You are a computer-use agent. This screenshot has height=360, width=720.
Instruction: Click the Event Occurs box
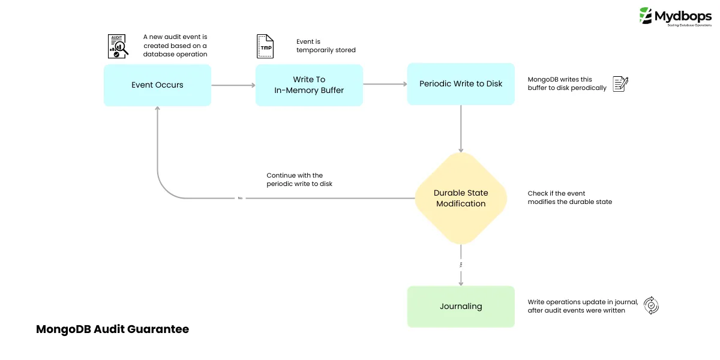point(157,85)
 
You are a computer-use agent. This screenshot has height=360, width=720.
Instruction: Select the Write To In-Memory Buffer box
point(309,85)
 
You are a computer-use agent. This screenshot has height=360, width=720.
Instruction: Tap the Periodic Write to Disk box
point(461,84)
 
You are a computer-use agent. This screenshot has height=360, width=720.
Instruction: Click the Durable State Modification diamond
point(461,198)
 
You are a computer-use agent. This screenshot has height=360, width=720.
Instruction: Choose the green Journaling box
point(461,306)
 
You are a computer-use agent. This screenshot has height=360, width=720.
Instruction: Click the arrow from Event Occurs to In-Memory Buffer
point(233,85)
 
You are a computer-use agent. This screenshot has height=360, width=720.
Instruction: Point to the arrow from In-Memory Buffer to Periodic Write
point(385,85)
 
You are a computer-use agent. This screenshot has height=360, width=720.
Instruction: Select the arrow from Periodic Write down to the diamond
point(461,129)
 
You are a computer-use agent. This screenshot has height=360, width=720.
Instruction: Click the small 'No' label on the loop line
point(240,198)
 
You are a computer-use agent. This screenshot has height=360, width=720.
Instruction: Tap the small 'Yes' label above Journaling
point(461,265)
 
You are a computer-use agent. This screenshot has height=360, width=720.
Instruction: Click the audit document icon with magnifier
point(118,46)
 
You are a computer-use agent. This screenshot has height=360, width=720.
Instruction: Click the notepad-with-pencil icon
point(620,84)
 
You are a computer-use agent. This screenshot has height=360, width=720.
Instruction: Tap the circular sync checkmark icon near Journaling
point(651,305)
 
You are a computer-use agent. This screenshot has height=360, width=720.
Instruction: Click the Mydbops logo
point(674,16)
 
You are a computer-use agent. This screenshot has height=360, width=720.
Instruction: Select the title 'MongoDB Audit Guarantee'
point(113,329)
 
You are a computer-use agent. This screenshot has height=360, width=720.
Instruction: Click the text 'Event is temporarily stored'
point(326,46)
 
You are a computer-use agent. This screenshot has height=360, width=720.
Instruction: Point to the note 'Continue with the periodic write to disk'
point(299,179)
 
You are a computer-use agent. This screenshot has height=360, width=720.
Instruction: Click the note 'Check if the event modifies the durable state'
point(569,197)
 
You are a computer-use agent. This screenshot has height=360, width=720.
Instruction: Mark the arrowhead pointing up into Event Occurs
point(157,109)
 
